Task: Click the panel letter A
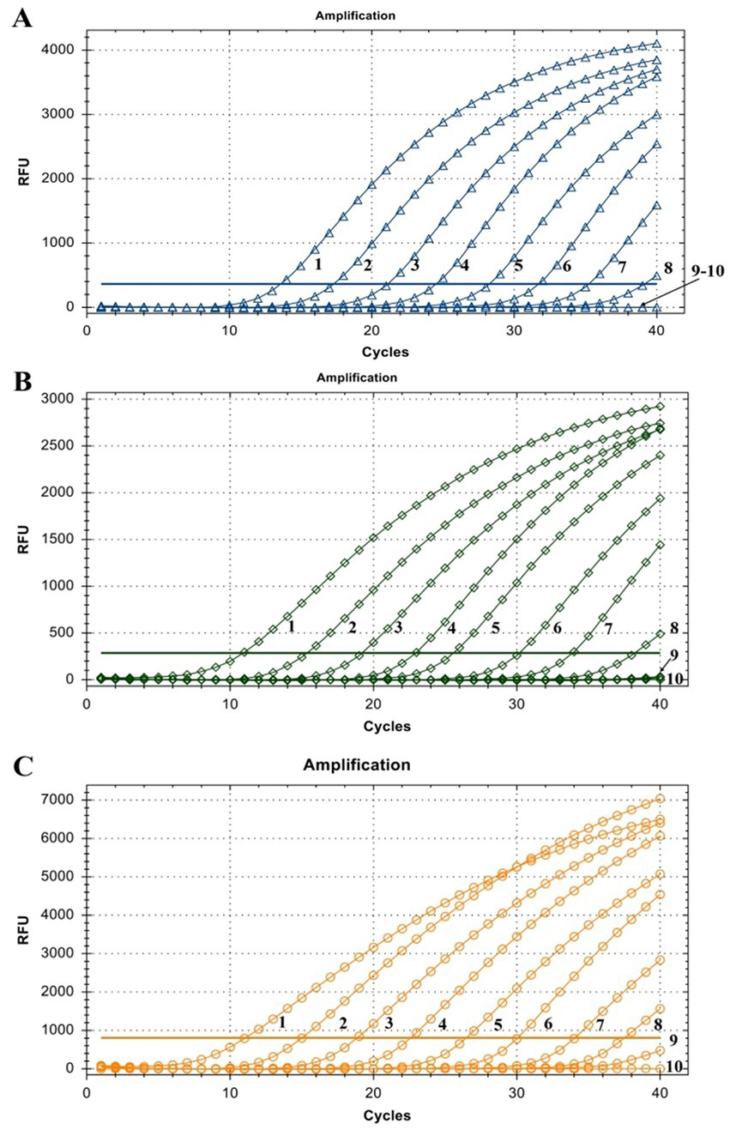click(x=21, y=18)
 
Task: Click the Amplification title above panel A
click(x=371, y=16)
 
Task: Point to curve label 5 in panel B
click(x=495, y=628)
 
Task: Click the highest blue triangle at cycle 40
click(x=657, y=44)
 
